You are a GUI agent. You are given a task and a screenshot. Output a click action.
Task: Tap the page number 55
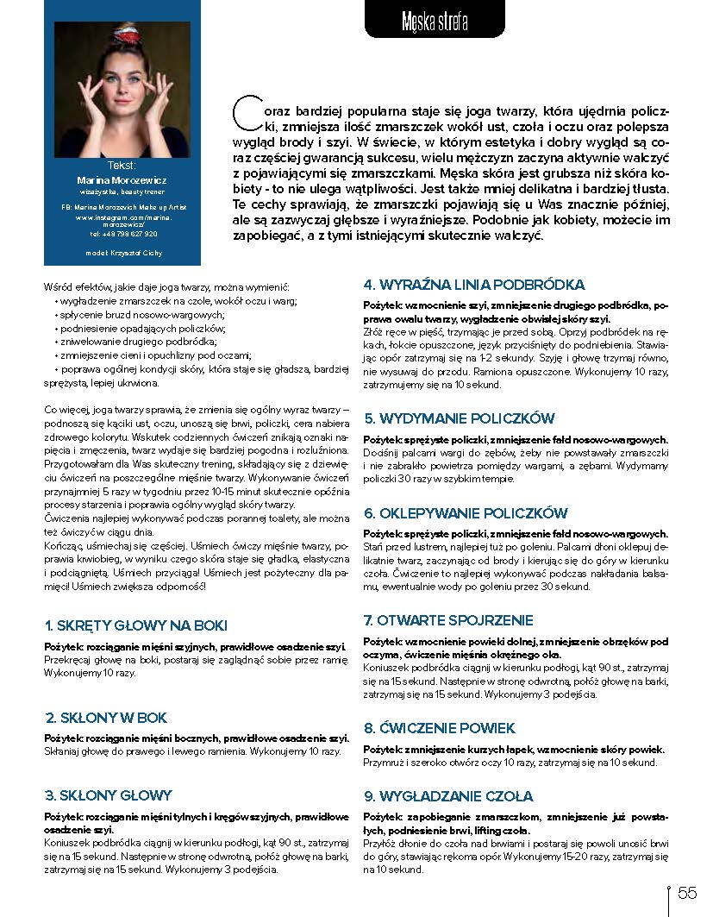687,892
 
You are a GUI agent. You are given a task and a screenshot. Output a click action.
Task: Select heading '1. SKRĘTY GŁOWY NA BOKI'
136,625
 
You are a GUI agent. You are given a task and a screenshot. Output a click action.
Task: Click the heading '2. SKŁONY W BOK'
106,717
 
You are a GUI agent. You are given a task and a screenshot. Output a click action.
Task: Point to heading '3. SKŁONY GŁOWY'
109,795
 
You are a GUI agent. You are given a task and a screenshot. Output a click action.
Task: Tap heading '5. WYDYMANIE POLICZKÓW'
459,418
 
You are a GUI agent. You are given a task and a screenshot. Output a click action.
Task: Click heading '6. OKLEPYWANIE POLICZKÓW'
465,513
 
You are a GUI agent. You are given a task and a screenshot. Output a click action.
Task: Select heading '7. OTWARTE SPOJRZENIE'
448,620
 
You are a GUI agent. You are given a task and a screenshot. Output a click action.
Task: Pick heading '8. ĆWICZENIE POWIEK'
439,727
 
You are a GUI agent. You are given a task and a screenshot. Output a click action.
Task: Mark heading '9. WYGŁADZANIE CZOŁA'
448,796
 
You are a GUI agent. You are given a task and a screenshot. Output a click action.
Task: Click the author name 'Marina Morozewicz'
122,179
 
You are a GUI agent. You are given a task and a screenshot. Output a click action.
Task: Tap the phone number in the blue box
122,233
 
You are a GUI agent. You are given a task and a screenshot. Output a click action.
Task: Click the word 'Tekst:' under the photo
122,164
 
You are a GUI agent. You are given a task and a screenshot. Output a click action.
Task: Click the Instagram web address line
122,221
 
